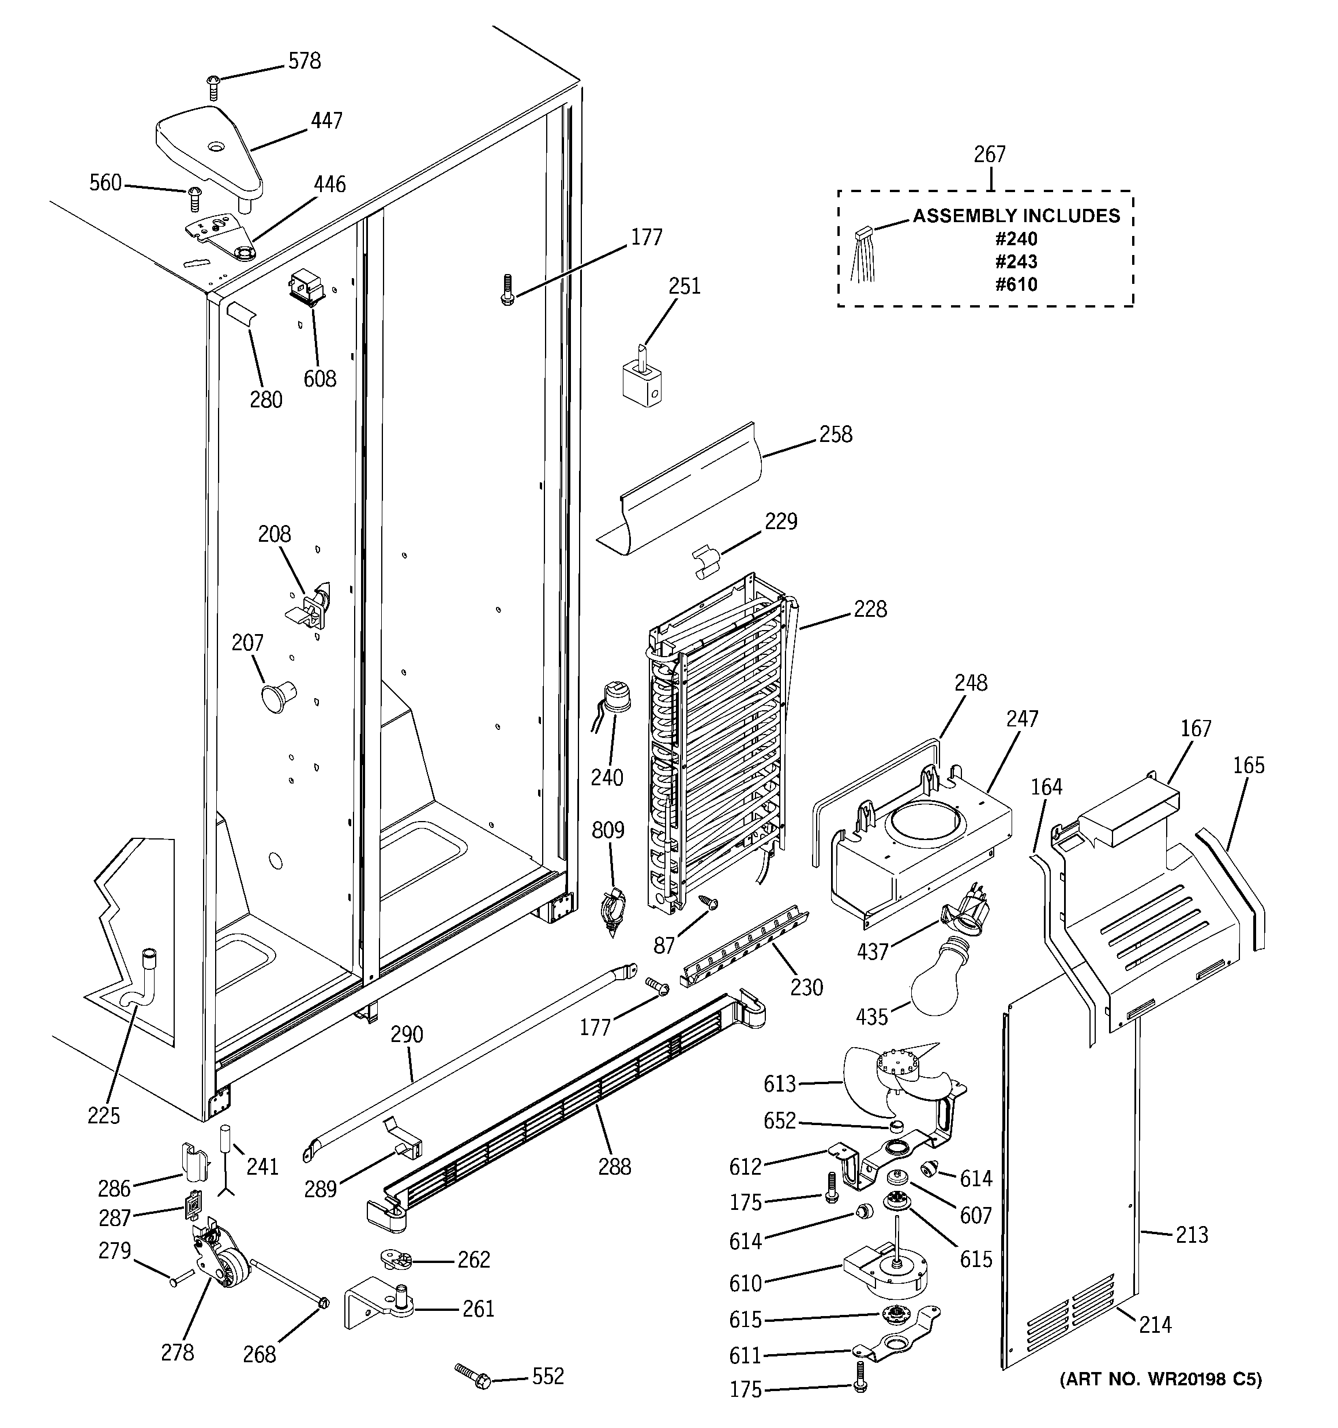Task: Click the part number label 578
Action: point(304,61)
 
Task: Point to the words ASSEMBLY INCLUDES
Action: point(1016,215)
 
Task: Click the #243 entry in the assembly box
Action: point(1016,261)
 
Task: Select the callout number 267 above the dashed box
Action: point(989,155)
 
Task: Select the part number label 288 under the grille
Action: point(614,1167)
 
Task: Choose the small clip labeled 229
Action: point(705,561)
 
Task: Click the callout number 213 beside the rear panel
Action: point(1192,1235)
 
